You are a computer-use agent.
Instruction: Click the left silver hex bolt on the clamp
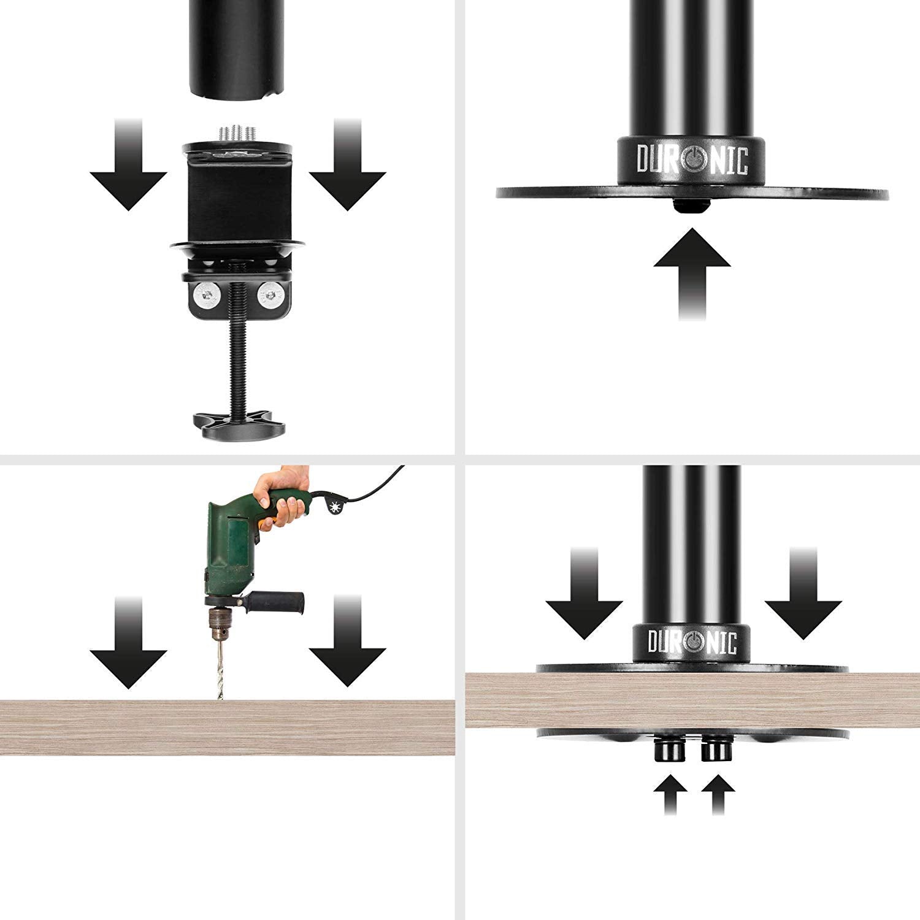tap(206, 297)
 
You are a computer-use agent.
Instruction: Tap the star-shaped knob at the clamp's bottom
tap(239, 424)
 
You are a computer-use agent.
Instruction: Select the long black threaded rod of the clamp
tap(238, 362)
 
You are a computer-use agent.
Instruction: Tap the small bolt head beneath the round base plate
tap(689, 205)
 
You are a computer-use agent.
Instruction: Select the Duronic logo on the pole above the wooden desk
tap(692, 642)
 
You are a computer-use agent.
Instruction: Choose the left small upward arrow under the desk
tap(669, 794)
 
